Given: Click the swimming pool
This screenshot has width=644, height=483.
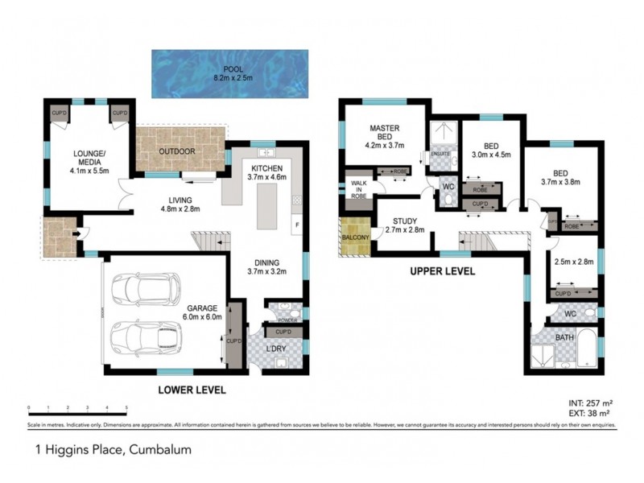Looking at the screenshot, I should [x=229, y=75].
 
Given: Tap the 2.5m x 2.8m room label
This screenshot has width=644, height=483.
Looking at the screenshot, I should [x=574, y=262].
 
